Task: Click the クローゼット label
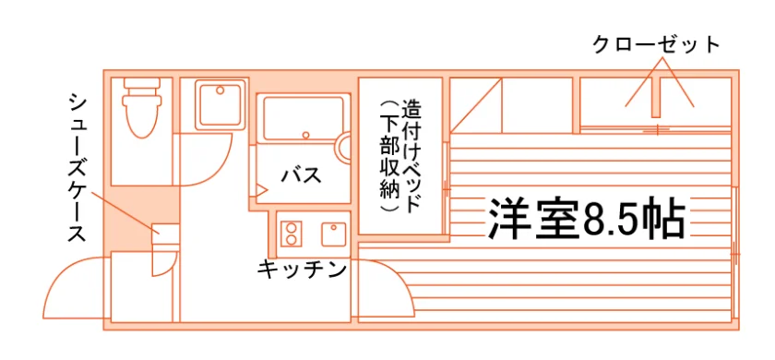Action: tap(655, 45)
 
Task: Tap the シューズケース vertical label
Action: tap(77, 168)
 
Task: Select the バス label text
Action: tap(302, 175)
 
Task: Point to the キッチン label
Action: tap(301, 270)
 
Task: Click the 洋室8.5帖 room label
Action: tap(587, 220)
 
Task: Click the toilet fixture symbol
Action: tap(143, 107)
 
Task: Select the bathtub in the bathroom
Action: tap(304, 119)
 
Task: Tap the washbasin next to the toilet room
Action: tap(221, 105)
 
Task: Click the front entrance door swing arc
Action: tap(74, 287)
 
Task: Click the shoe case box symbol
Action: tap(165, 234)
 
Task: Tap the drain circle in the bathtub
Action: tap(306, 135)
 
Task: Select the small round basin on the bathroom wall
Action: tap(343, 147)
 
